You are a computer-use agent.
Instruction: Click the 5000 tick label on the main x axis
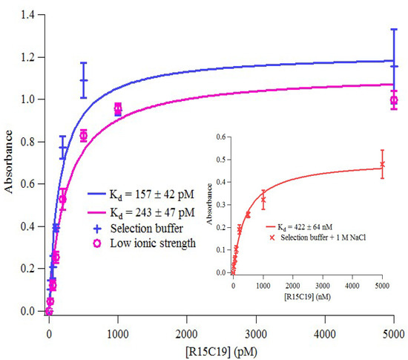(x=393, y=326)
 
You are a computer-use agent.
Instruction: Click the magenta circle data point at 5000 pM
(x=393, y=100)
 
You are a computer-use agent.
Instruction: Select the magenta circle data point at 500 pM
(x=84, y=135)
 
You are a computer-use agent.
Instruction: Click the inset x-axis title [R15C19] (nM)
(x=306, y=295)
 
